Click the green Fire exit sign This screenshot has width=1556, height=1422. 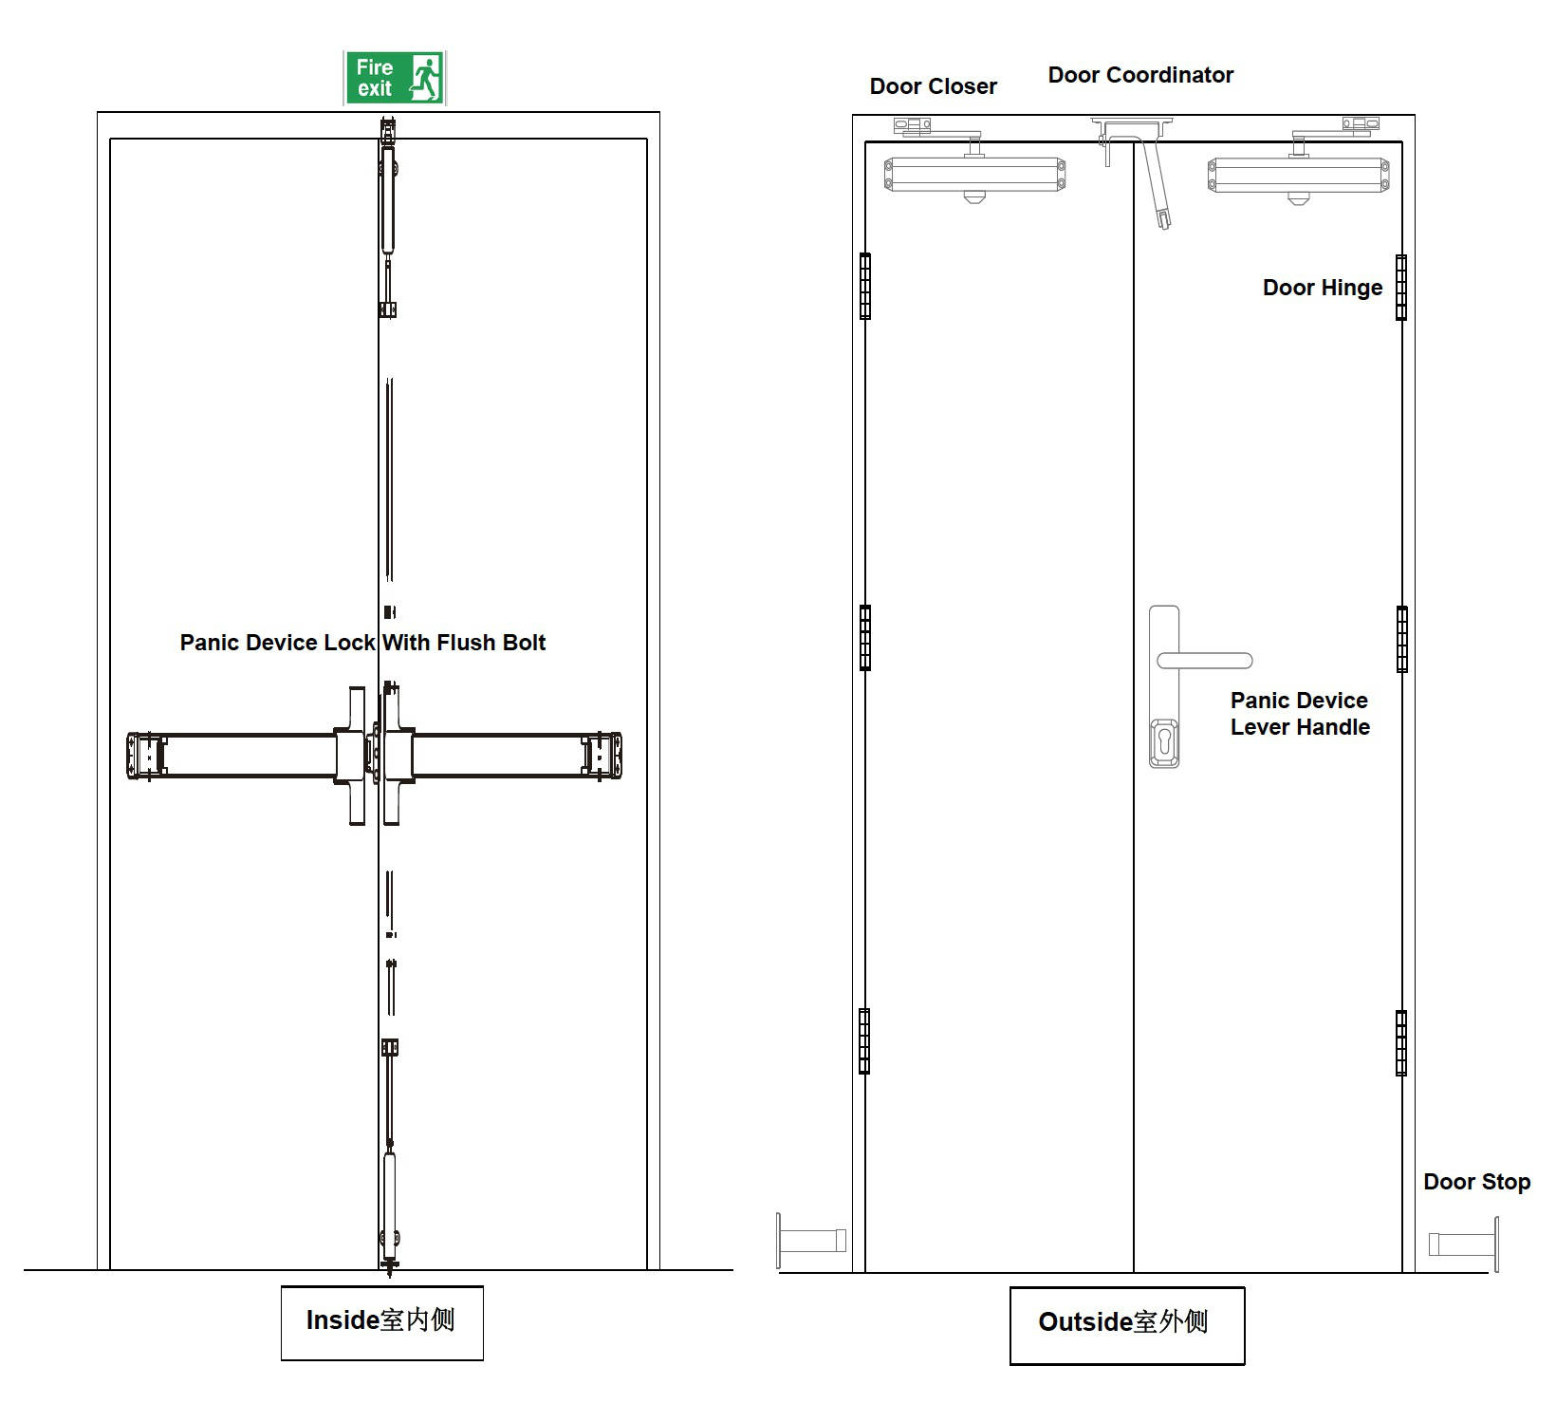coord(394,78)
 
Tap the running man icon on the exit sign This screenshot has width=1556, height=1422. coord(426,78)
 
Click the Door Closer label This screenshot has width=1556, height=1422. coord(933,86)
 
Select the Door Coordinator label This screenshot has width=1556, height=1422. coord(1140,75)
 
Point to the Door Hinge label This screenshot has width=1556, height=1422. coord(1322,288)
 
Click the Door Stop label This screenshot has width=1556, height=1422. coord(1476,1182)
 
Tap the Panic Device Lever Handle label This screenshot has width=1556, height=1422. coord(1300,714)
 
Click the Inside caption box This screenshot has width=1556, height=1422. coord(381,1321)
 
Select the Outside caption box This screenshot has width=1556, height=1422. coord(1126,1324)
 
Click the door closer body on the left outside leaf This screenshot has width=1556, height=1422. coord(974,175)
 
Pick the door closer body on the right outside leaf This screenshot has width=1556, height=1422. coord(1298,176)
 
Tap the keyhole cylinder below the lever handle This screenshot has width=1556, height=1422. coord(1164,742)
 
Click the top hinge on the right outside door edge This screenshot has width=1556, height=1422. coord(1401,287)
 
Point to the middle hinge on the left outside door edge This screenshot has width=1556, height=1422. coord(864,637)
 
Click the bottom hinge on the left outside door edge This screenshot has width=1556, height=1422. coord(864,1040)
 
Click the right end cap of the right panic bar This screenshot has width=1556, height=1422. coord(604,756)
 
